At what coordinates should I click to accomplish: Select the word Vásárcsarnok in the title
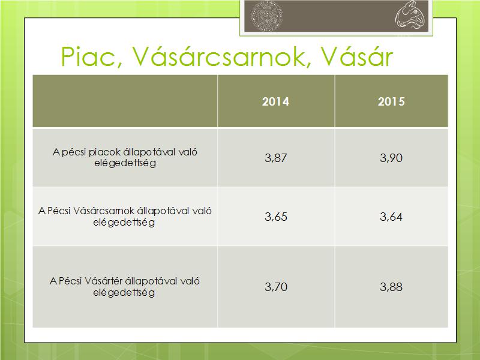(x=218, y=56)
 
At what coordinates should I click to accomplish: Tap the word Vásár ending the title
(x=356, y=56)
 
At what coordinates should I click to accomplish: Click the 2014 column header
(x=275, y=101)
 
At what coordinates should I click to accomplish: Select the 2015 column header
(x=391, y=101)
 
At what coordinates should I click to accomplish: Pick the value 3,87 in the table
(x=276, y=158)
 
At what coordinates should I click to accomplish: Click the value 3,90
(x=391, y=158)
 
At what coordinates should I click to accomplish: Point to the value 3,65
(x=276, y=217)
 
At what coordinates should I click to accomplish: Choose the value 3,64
(x=391, y=217)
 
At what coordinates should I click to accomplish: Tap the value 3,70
(x=276, y=287)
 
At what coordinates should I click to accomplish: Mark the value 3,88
(x=391, y=287)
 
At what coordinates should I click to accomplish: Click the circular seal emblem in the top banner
(x=266, y=16)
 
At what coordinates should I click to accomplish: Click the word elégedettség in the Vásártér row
(x=124, y=293)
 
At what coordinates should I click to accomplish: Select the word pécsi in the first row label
(x=74, y=152)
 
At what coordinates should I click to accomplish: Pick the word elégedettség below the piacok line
(x=125, y=163)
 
